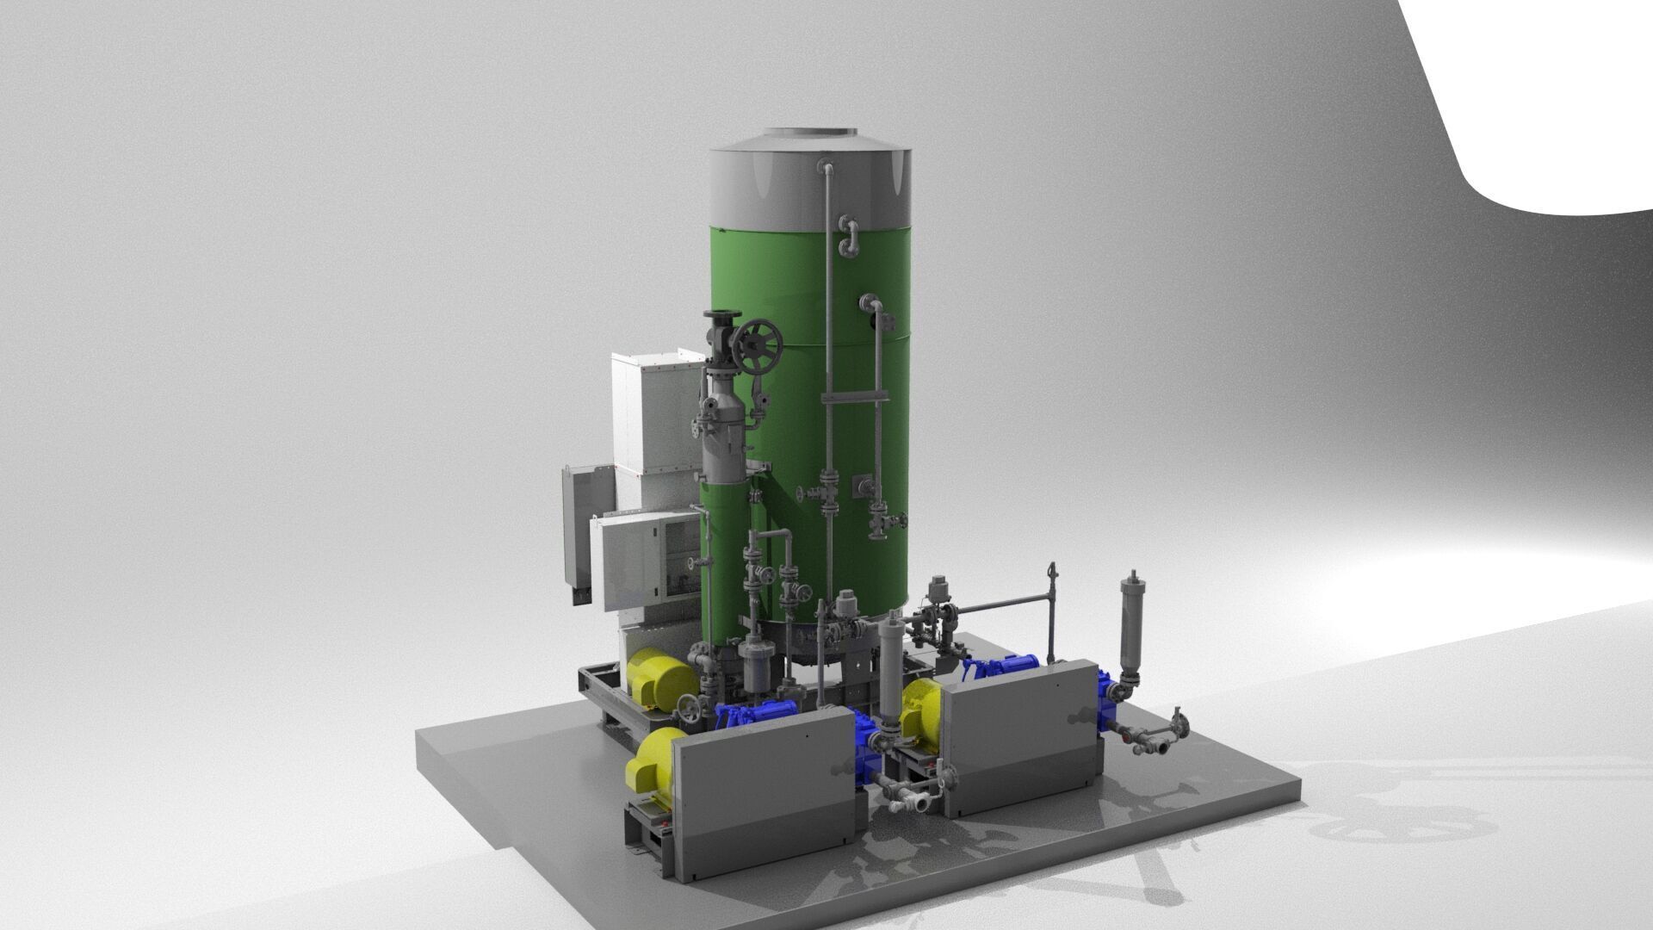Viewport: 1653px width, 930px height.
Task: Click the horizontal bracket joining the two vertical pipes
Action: (853, 397)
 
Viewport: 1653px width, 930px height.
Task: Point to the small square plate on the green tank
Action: (861, 487)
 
